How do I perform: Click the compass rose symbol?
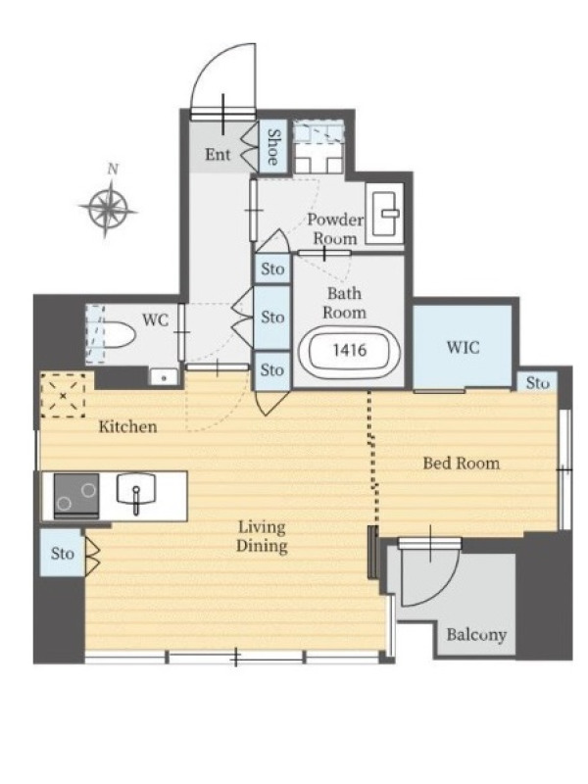click(x=108, y=209)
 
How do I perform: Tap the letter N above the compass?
click(x=114, y=169)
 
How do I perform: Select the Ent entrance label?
click(x=218, y=154)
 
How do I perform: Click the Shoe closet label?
click(x=273, y=147)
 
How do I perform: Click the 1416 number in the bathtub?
click(x=350, y=350)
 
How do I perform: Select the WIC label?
click(x=463, y=347)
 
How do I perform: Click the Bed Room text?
click(x=461, y=463)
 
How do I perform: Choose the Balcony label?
click(x=476, y=634)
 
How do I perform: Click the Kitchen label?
click(x=127, y=426)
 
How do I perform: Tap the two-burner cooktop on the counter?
click(x=76, y=495)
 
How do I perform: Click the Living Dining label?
click(x=262, y=536)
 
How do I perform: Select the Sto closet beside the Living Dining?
click(x=63, y=553)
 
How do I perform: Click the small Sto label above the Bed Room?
click(x=537, y=383)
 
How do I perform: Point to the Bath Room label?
click(x=345, y=303)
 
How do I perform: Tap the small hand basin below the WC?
click(x=164, y=376)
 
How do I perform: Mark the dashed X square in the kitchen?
click(x=63, y=396)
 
